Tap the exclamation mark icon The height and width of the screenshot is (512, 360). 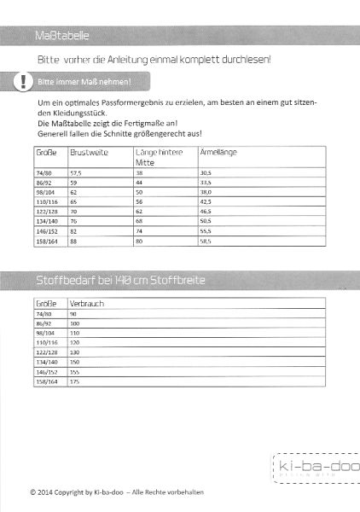click(x=26, y=83)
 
